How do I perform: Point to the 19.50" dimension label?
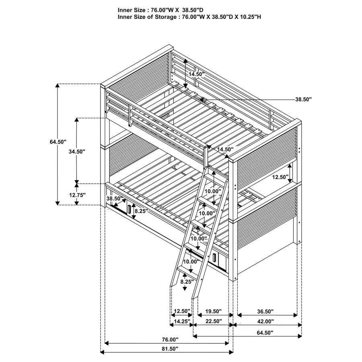214,311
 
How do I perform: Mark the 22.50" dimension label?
214,321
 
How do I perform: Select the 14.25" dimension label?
182,321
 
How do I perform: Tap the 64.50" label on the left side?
58,142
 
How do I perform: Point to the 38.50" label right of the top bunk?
303,99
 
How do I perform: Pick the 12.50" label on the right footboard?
280,177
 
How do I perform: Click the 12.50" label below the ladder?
182,311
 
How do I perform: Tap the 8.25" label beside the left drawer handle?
141,210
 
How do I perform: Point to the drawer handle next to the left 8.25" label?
129,210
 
